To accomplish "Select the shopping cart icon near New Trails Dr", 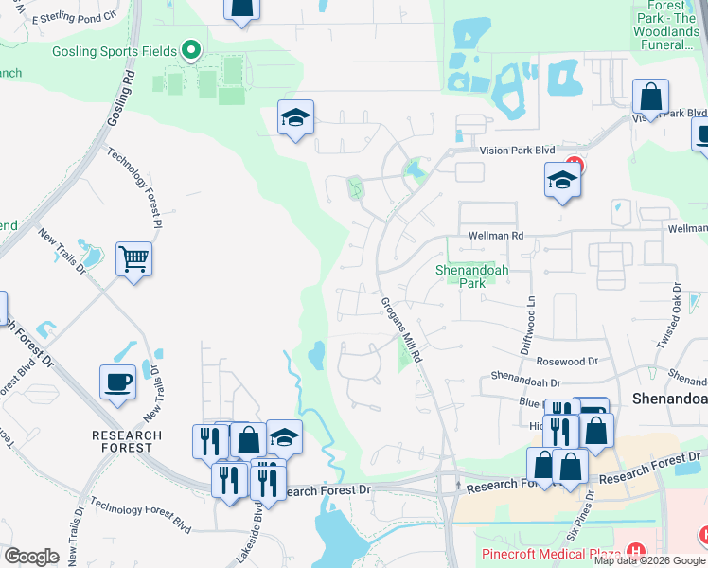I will pos(133,257).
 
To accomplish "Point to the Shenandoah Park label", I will pos(465,275).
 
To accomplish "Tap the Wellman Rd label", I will pos(495,236).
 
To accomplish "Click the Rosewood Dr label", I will pos(567,362).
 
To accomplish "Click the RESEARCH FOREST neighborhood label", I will pos(127,441).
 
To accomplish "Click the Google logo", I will pos(31,557).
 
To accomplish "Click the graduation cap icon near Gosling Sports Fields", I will pos(295,117).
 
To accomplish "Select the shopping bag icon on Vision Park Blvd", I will pos(651,97).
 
